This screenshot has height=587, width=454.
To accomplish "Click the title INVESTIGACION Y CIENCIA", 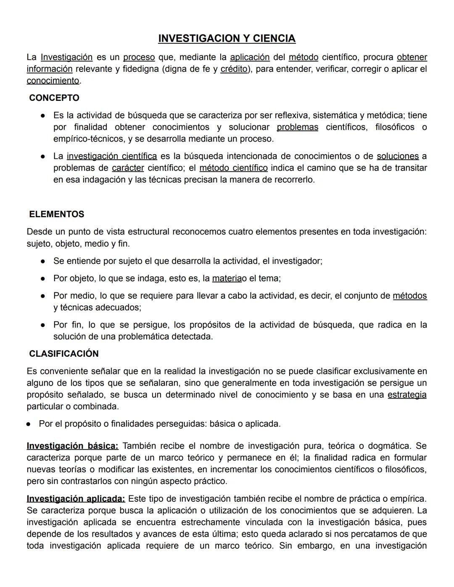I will (x=227, y=39).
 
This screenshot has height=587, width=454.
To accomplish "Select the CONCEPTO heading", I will (x=54, y=98).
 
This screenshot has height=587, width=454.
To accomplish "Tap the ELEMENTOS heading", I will (x=57, y=214).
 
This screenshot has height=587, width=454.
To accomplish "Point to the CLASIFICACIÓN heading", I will (x=64, y=354).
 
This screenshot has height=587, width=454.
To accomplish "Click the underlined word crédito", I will (x=234, y=69).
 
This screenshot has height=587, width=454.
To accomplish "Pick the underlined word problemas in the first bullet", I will (x=297, y=127).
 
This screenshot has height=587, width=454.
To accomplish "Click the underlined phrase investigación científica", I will (x=112, y=156).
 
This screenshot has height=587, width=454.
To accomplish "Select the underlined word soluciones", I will (x=397, y=156).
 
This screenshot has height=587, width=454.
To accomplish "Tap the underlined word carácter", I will (x=128, y=168).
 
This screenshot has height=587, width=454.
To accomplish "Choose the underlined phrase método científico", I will (x=233, y=168).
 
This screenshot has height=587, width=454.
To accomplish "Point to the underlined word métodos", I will (x=409, y=296).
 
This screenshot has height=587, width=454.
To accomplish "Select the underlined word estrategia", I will (x=406, y=395).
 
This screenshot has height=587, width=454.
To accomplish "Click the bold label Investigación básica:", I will (x=73, y=446).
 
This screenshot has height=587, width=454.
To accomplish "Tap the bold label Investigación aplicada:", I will (x=76, y=499).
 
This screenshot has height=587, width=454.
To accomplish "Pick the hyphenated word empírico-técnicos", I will (x=90, y=139).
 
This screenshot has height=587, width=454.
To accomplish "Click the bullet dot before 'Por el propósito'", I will (x=28, y=424).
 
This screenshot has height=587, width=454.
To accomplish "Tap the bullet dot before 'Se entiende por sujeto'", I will (x=43, y=261).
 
